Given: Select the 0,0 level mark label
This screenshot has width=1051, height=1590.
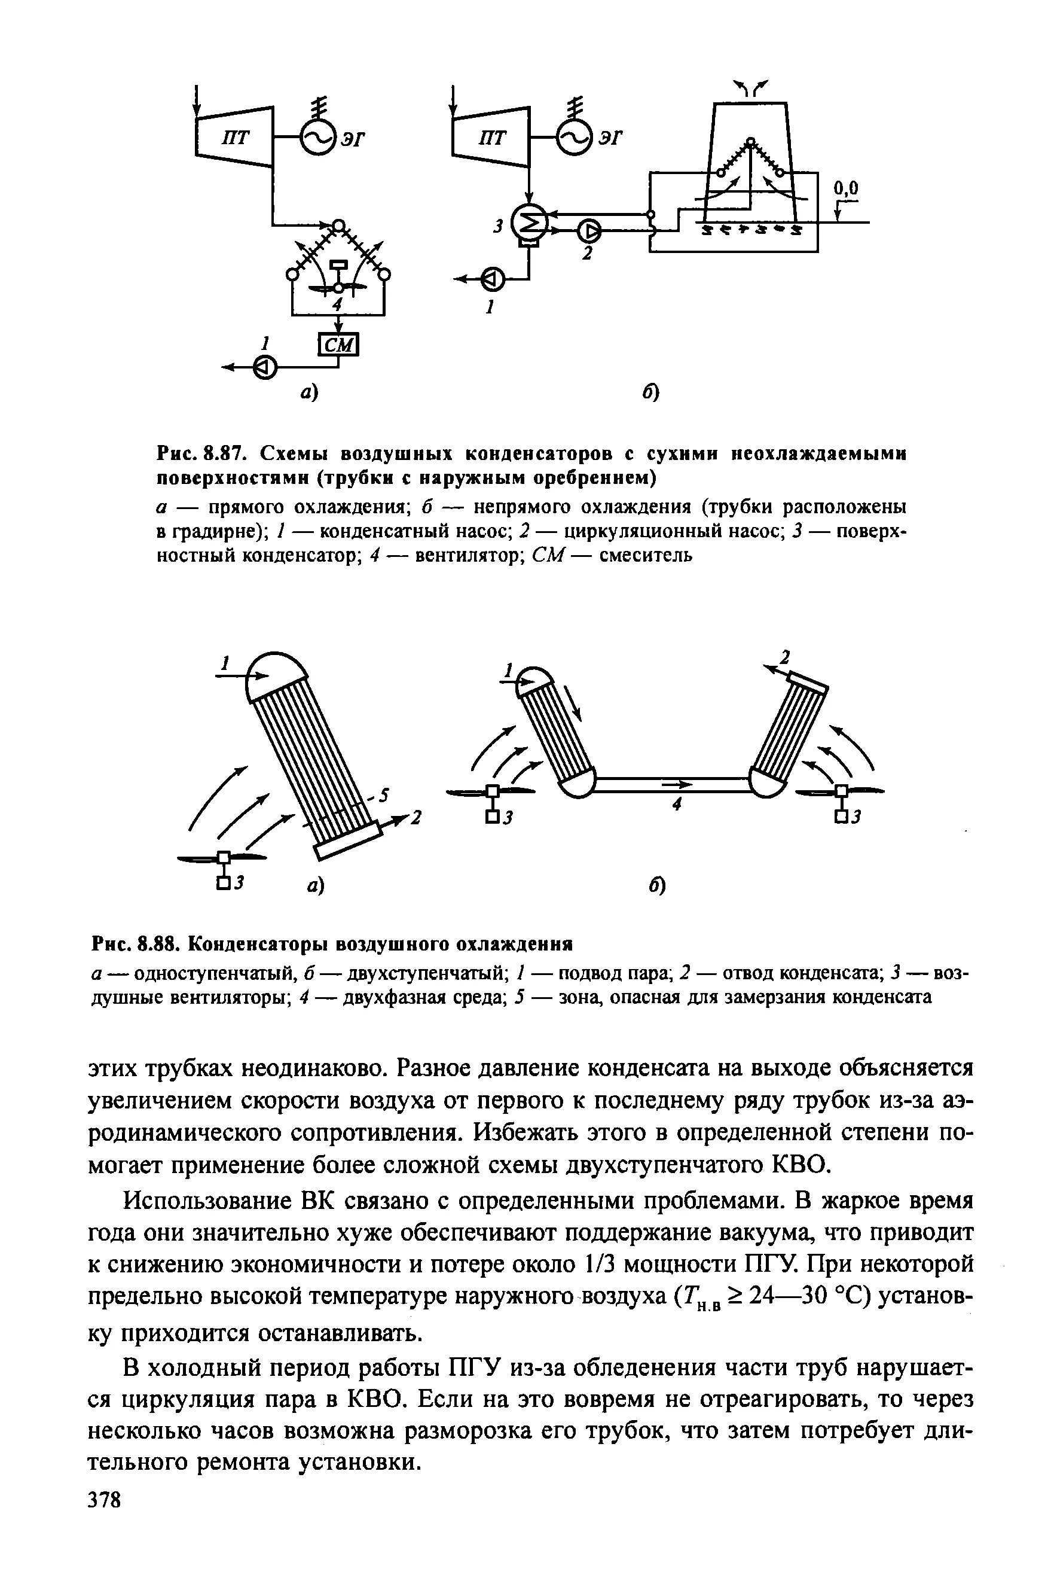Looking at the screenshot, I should (x=846, y=189).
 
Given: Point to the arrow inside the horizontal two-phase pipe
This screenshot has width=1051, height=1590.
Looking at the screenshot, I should (x=677, y=783).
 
